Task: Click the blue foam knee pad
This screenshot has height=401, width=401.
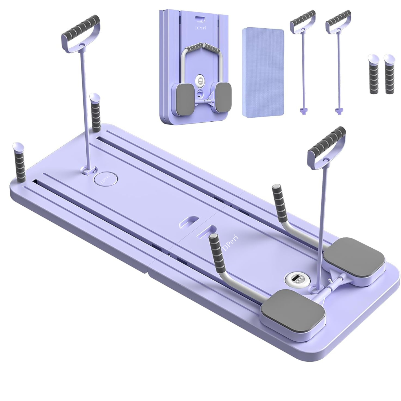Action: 263,72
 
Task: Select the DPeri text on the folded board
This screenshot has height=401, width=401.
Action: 200,28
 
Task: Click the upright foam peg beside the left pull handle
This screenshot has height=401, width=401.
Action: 95,112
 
